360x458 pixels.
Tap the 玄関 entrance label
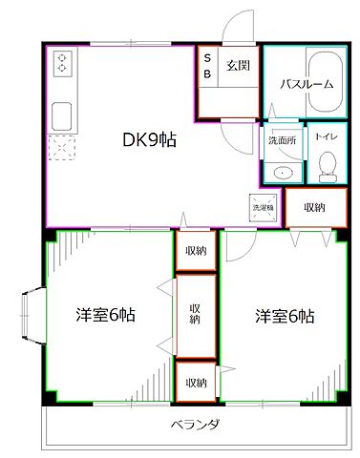click(x=238, y=67)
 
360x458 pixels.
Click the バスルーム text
click(x=307, y=84)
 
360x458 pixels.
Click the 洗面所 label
click(x=281, y=137)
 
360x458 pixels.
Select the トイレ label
click(x=327, y=136)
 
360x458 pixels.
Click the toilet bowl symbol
click(x=327, y=166)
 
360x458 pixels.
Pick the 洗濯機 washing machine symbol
click(x=261, y=206)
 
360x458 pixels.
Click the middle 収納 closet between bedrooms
click(x=195, y=314)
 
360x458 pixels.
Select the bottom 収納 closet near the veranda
click(x=195, y=382)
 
